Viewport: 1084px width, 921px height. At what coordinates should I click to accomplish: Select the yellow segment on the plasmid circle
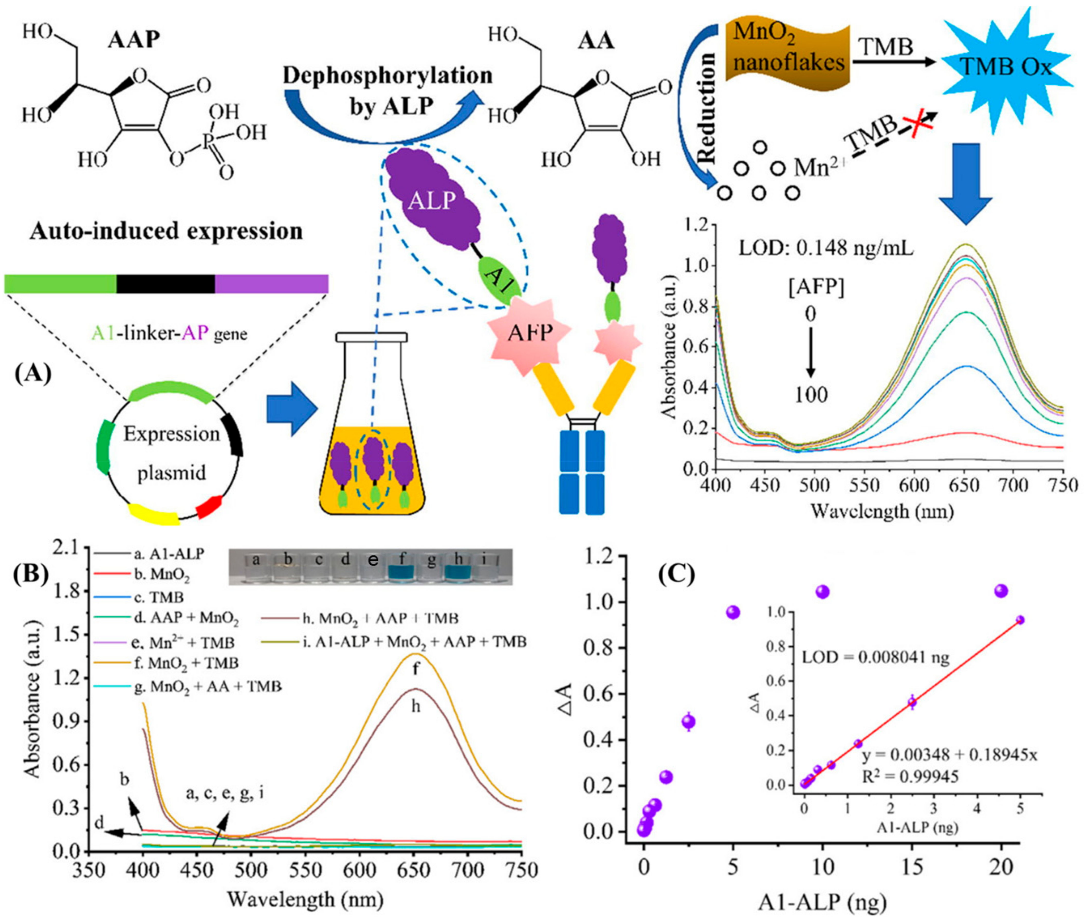[154, 514]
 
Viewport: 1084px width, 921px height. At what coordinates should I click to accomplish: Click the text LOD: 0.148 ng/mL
[826, 248]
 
